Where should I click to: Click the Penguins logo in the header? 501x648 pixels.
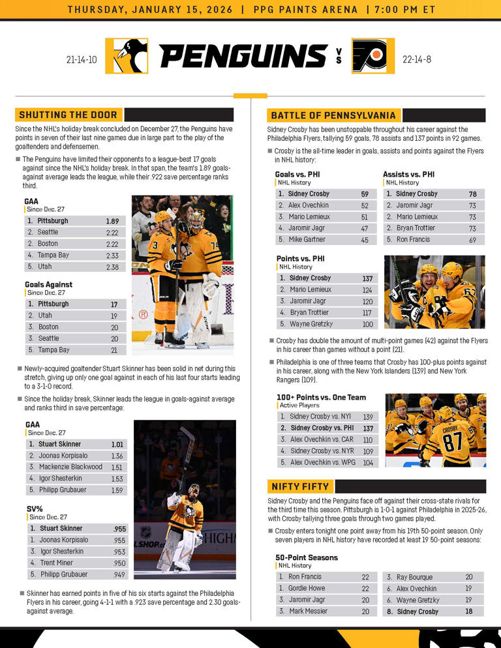pos(127,57)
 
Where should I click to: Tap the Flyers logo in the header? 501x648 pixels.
pos(373,57)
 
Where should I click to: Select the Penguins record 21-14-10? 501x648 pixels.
pos(82,59)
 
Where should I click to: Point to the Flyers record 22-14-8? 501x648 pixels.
pos(419,59)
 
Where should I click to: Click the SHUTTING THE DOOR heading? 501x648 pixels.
pos(68,115)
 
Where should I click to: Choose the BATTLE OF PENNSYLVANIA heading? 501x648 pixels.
pos(333,115)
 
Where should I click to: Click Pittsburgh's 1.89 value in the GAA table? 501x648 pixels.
pos(112,221)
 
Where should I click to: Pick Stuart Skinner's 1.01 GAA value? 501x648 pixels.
pos(117,445)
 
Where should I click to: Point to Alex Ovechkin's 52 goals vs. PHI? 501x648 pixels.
pos(365,205)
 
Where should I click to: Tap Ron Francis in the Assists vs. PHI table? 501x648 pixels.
pos(414,240)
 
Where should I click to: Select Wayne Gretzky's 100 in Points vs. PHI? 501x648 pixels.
pos(367,324)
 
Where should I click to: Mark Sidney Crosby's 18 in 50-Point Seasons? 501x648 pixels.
pos(468,611)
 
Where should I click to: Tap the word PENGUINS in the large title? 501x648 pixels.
pos(243,57)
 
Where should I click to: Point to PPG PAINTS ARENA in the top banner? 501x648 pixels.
pos(305,9)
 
